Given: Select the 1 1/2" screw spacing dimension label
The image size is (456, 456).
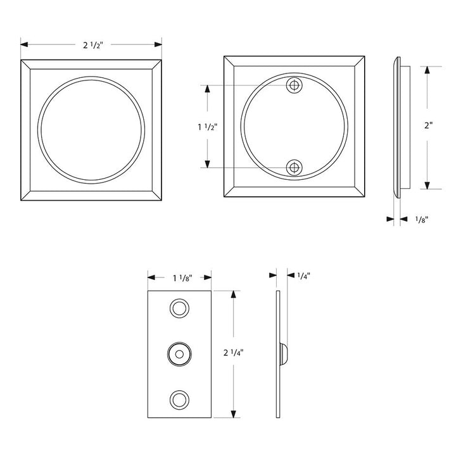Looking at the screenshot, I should tap(207, 127).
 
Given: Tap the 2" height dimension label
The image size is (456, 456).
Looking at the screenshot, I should tap(429, 125).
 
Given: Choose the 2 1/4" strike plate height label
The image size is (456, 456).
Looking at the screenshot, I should tap(234, 353).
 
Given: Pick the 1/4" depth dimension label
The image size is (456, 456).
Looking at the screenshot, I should tap(303, 275).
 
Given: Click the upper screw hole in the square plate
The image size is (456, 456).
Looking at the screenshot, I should tap(293, 85).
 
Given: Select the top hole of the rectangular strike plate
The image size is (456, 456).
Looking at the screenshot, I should tap(180, 310).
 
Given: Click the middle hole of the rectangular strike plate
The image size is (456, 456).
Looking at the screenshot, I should tap(180, 353).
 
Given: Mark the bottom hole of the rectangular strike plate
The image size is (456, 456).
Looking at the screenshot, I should tap(180, 398).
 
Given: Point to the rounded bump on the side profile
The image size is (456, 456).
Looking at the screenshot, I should tap(284, 353).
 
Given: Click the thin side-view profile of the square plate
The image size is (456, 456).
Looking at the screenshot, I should tap(398, 127).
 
